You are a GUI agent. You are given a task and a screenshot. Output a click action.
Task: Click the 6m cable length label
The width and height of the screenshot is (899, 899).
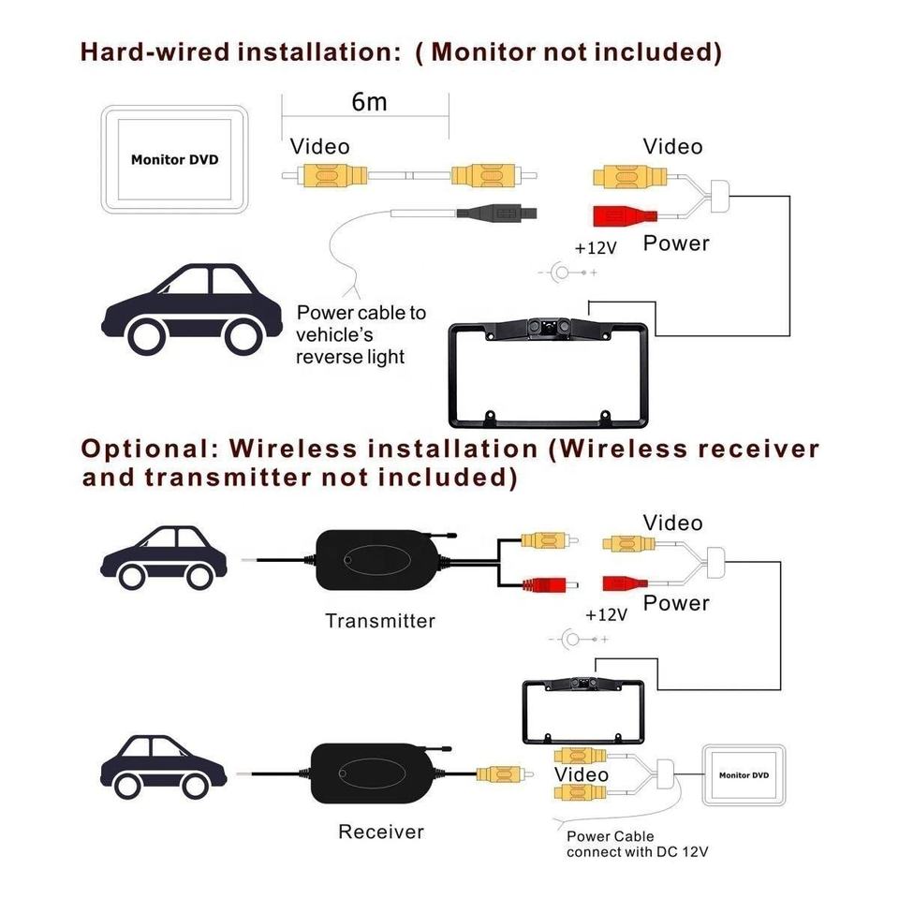369,102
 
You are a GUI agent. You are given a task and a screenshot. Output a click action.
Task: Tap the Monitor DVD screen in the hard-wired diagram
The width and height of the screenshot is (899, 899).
174,160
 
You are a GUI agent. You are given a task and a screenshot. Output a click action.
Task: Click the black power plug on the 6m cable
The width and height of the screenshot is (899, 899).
495,214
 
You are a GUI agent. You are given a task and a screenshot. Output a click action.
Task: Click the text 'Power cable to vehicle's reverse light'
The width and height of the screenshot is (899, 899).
361,334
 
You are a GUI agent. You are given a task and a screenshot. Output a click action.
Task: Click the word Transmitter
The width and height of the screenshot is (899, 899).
380,620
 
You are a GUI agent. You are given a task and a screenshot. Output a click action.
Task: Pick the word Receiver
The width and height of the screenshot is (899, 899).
380,832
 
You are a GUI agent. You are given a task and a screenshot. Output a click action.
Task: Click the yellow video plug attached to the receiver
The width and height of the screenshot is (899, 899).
497,774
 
